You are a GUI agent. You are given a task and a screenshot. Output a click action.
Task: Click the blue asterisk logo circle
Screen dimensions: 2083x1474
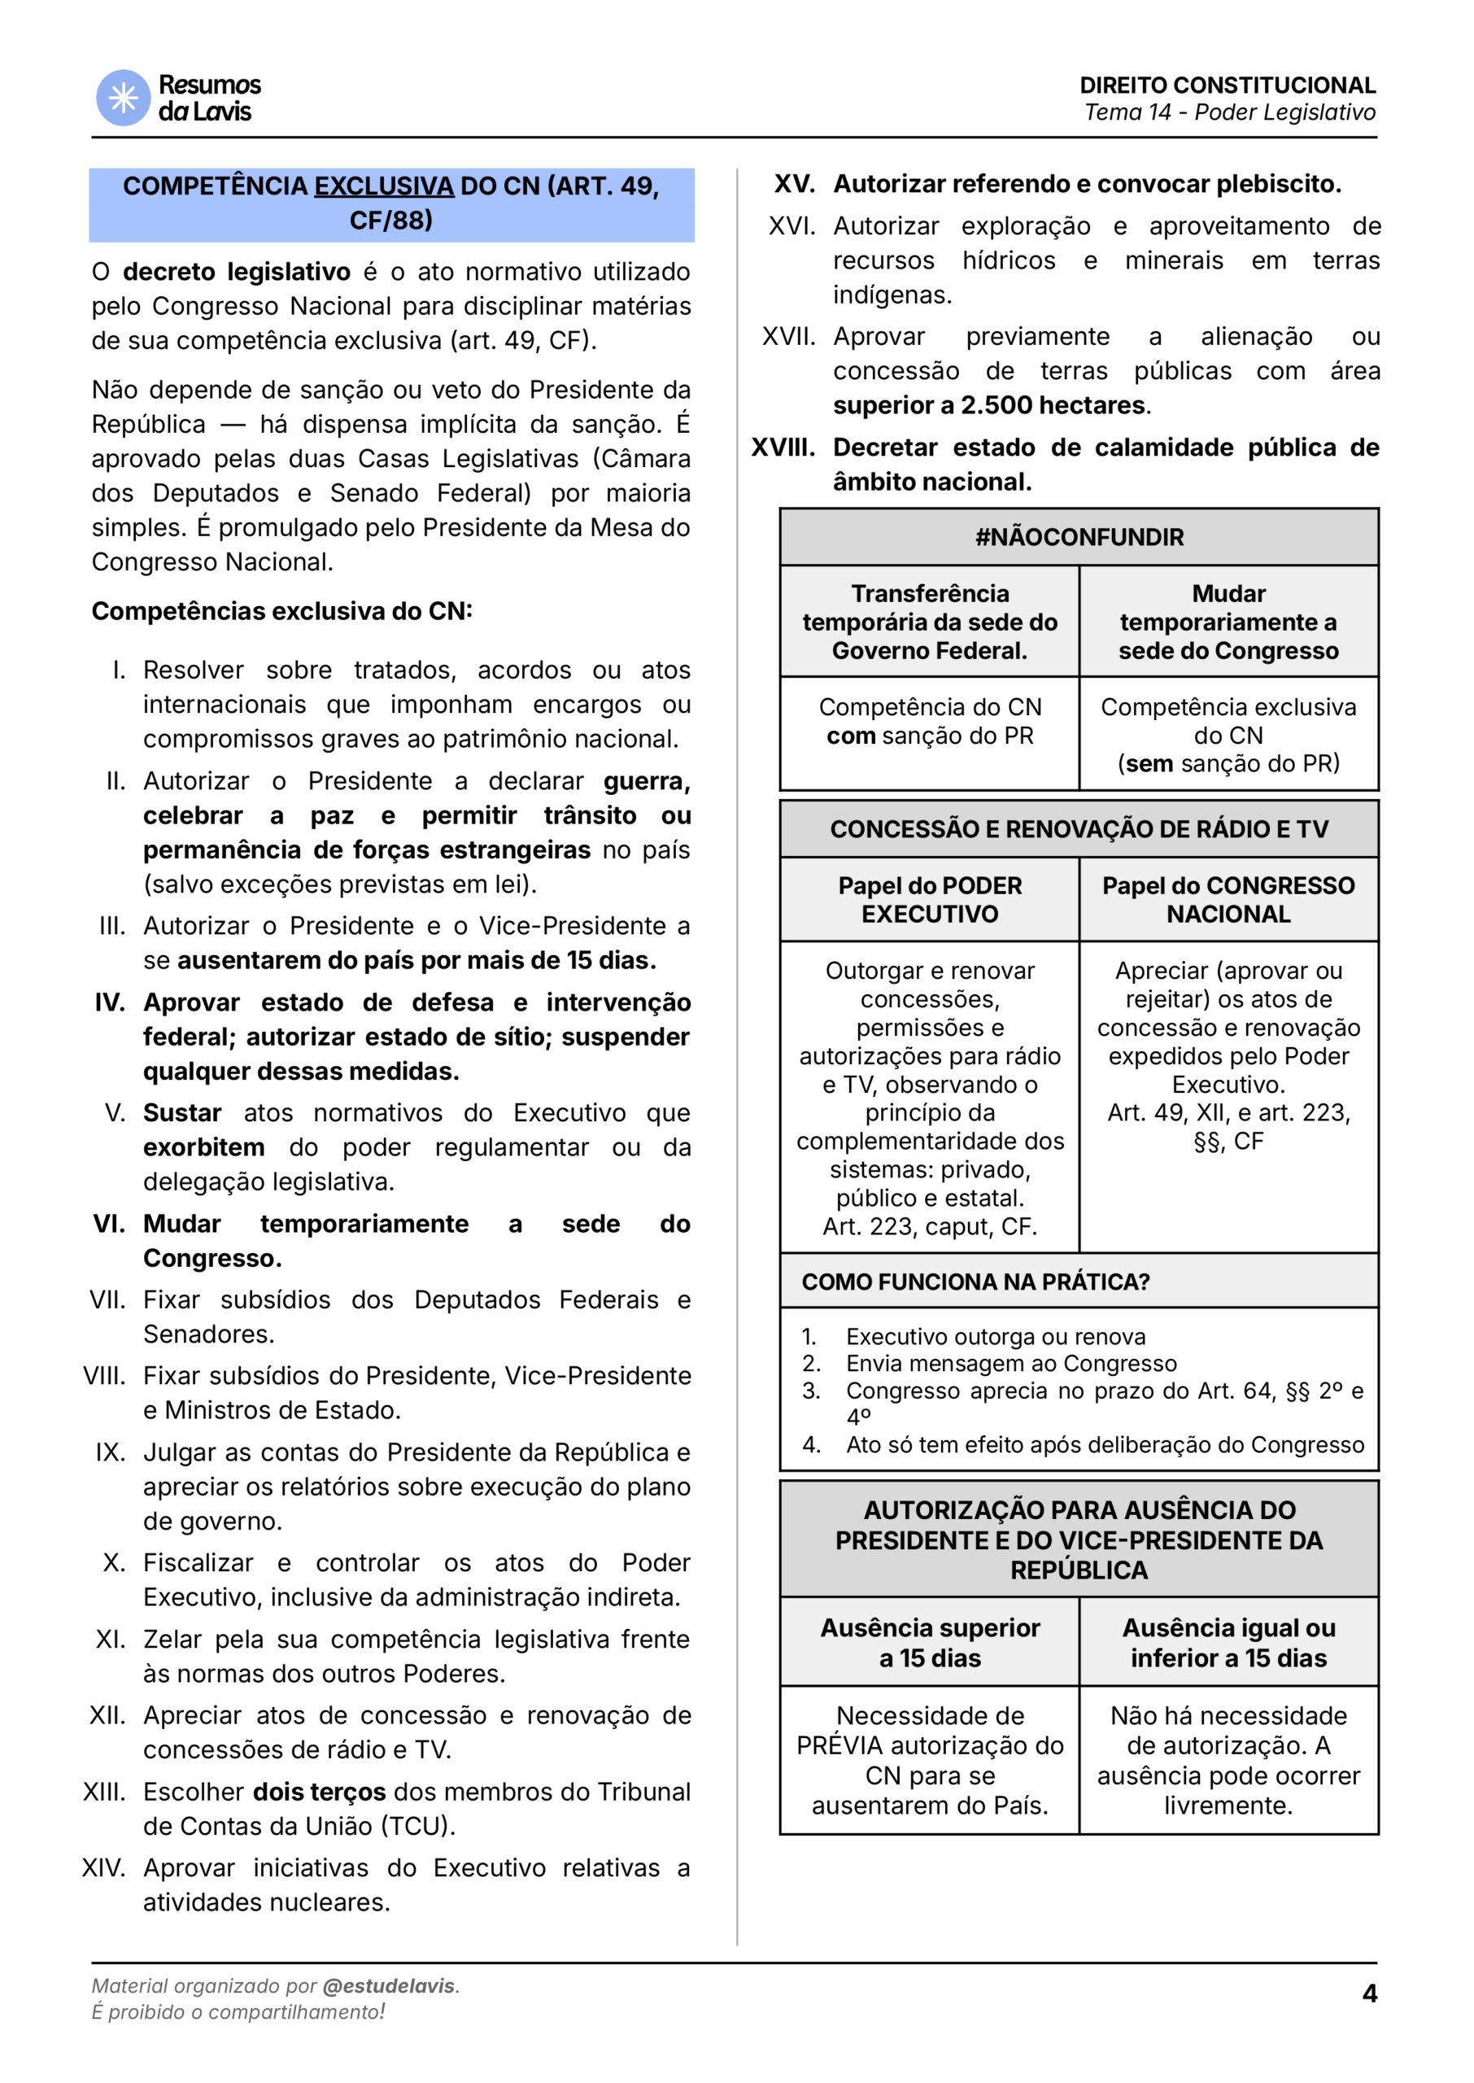coord(124,98)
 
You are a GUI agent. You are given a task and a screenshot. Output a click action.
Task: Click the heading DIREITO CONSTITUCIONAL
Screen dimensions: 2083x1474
coord(1228,85)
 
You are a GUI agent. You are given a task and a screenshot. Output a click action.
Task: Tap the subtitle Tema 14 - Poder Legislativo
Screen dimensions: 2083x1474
coord(1230,112)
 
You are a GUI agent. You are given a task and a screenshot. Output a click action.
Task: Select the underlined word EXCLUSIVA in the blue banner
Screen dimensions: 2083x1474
coord(383,186)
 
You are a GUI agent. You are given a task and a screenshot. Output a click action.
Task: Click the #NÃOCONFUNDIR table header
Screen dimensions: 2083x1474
coord(1079,537)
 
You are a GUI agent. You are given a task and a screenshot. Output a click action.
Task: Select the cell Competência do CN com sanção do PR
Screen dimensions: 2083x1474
coord(930,722)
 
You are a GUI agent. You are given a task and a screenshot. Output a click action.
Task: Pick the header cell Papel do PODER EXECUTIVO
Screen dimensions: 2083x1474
coord(930,899)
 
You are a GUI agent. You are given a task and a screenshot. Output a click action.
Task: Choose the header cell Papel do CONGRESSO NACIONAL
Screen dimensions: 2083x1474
coord(1228,899)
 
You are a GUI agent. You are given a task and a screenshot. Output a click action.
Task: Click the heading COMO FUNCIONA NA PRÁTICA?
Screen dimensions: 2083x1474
coord(975,1282)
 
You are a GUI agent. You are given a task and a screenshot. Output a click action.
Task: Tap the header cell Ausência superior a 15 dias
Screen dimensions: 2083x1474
coord(930,1643)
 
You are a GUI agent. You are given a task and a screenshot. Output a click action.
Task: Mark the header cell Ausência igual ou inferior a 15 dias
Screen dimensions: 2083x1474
coord(1228,1643)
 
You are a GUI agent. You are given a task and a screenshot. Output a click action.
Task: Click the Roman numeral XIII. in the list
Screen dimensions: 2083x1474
coord(103,1792)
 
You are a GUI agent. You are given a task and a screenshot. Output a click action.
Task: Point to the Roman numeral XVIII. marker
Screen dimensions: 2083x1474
coord(783,448)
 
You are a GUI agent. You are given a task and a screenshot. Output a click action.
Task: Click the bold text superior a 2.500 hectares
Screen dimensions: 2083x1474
coord(988,406)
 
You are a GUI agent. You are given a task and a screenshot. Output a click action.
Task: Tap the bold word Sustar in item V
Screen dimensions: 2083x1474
coord(181,1113)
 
